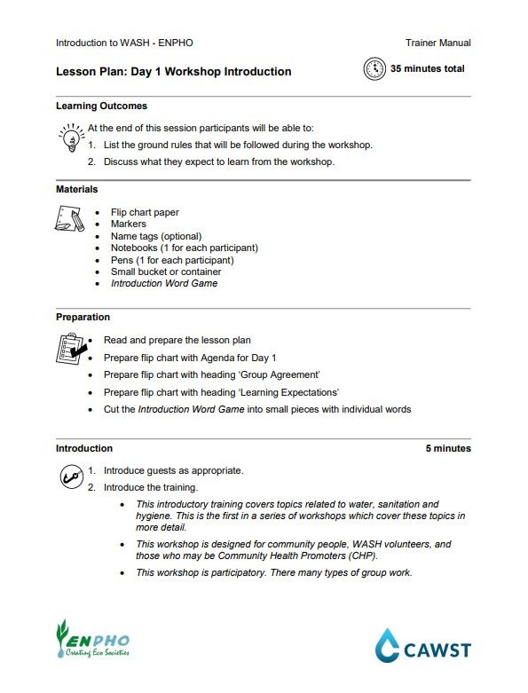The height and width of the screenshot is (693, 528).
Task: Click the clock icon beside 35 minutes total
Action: click(375, 69)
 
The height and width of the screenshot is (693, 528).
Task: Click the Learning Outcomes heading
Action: click(101, 106)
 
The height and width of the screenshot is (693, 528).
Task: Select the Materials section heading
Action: click(77, 189)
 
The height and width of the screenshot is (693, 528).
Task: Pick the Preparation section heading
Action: click(83, 317)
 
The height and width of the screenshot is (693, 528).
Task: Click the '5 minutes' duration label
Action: click(448, 448)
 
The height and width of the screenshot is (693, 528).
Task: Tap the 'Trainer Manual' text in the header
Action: click(438, 43)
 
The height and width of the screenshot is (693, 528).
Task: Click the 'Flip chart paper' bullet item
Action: click(145, 213)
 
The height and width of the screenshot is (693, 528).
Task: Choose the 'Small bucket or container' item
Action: click(166, 272)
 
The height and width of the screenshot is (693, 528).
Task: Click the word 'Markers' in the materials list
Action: click(129, 224)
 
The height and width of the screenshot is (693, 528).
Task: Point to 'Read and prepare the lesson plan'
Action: click(177, 340)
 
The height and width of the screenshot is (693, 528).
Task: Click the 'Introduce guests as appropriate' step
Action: click(173, 470)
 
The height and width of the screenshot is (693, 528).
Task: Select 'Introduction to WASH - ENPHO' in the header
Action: click(124, 43)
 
